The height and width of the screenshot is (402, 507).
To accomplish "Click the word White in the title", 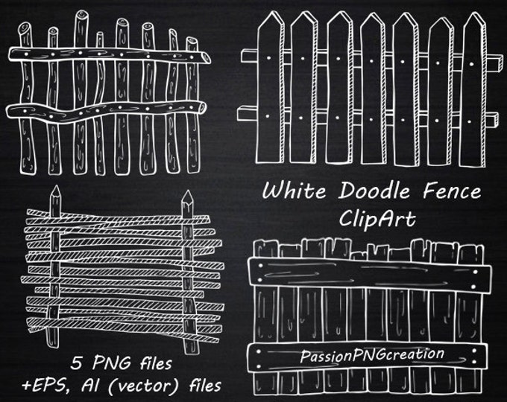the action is [294, 191].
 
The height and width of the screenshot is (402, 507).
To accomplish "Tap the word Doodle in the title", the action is [374, 191].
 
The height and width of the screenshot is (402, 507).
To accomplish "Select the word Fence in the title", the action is [452, 191].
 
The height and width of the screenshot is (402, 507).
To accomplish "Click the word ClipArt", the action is [377, 218].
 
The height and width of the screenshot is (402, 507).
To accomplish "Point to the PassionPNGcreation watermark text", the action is [372, 355].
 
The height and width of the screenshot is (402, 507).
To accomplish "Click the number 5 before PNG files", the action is [76, 363].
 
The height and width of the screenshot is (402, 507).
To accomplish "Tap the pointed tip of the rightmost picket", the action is [476, 13].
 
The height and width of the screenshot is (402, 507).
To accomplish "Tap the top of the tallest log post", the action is [81, 15].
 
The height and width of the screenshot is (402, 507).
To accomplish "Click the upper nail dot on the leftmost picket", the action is [269, 59].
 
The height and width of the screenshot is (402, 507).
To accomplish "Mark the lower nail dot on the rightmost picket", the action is [469, 122].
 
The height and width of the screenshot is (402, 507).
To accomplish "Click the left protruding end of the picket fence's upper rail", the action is [242, 56].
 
